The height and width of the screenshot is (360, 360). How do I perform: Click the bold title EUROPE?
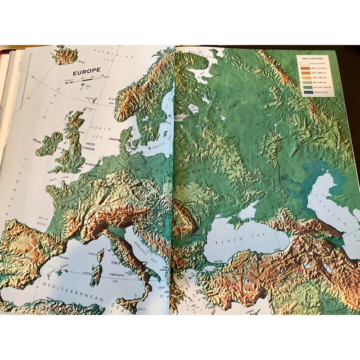pos(84,73)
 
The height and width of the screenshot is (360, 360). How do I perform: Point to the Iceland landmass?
pos(65,55)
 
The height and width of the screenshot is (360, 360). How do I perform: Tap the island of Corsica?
pos(100,256)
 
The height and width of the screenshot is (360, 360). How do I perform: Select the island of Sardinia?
pos(96,275)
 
